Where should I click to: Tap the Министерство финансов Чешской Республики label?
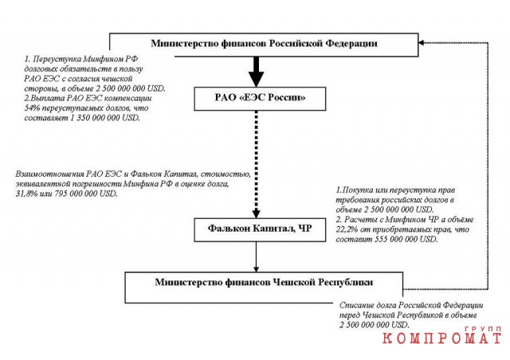point(264,282)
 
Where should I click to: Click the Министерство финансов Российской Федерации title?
point(264,43)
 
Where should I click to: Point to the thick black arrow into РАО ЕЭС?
point(257,72)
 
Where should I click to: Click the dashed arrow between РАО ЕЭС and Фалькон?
point(257,164)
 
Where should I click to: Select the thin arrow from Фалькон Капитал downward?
point(257,257)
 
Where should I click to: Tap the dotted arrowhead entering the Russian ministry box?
point(421,42)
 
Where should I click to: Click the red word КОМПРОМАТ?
point(441,338)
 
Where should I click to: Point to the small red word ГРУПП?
point(483,329)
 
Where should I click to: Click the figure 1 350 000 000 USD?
point(105,118)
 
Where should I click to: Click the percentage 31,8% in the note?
point(25,194)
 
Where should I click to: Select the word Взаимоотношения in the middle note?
point(50,174)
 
